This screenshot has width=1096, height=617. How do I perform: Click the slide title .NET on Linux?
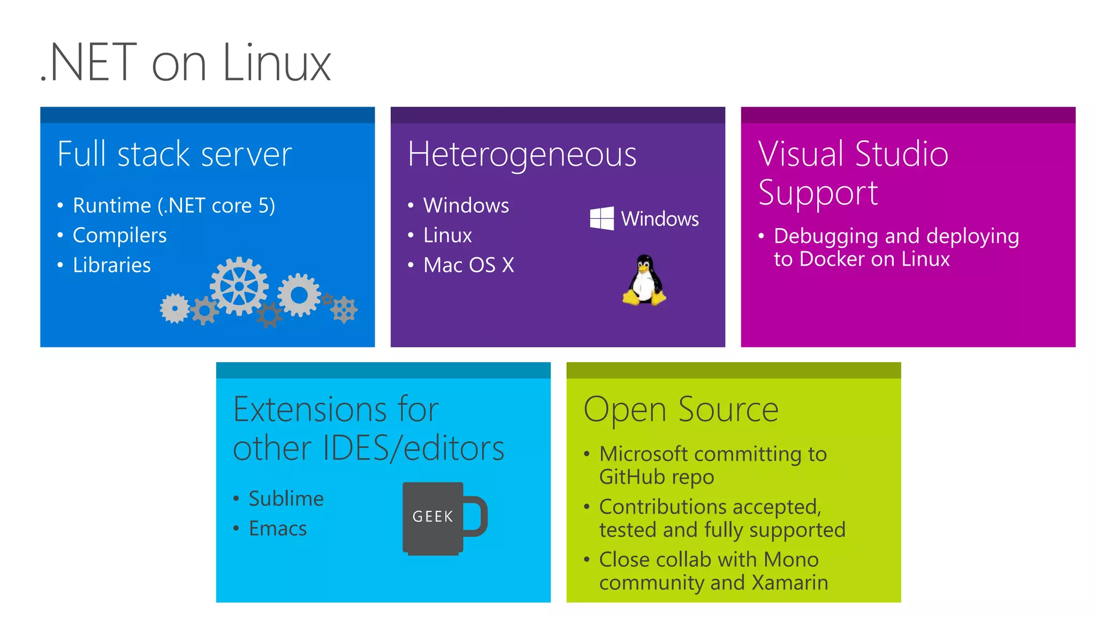(x=186, y=63)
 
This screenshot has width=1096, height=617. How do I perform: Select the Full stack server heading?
(x=174, y=154)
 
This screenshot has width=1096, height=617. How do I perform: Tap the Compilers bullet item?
(x=119, y=235)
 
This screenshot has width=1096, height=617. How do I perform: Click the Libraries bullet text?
(x=111, y=265)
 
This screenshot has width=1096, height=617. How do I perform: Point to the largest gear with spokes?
(x=239, y=286)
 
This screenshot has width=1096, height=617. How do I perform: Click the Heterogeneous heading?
(x=522, y=154)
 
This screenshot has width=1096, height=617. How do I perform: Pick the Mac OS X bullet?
(x=468, y=265)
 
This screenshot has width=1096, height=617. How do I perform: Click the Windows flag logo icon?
(x=602, y=219)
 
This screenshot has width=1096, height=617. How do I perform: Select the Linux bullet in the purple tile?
(x=447, y=235)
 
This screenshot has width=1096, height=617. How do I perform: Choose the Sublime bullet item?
(x=286, y=499)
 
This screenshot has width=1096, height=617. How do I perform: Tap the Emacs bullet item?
(x=277, y=529)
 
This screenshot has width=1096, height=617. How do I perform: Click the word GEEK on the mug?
(x=432, y=516)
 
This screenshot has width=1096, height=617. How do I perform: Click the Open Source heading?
(x=681, y=410)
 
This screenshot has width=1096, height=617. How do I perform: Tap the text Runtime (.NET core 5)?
(x=173, y=206)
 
